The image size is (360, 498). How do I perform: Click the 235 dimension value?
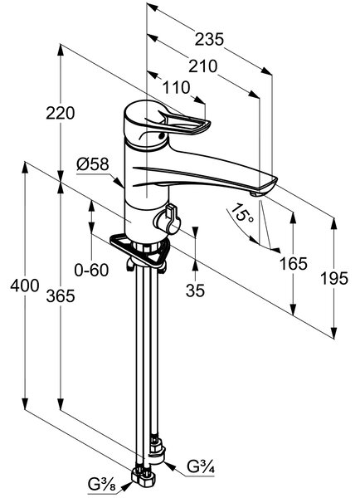[209, 39]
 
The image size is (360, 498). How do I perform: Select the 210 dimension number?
[203, 66]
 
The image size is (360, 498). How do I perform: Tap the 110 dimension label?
[176, 87]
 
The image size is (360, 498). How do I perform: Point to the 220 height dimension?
[61, 113]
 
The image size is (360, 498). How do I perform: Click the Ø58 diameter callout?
[93, 164]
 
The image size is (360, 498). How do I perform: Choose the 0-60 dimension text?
[91, 271]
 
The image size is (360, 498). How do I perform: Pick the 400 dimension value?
[25, 286]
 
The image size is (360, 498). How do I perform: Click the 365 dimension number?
[61, 296]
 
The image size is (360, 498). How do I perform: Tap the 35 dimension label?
[195, 290]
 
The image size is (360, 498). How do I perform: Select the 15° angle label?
[242, 213]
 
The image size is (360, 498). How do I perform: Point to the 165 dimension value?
[294, 263]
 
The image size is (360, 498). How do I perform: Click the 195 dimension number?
[334, 279]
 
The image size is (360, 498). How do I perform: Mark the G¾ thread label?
[200, 466]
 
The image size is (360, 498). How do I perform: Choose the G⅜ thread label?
[101, 485]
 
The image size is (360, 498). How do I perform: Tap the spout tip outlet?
[255, 193]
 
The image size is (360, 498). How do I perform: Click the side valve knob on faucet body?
[168, 220]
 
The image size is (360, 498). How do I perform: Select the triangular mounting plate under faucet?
[139, 249]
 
